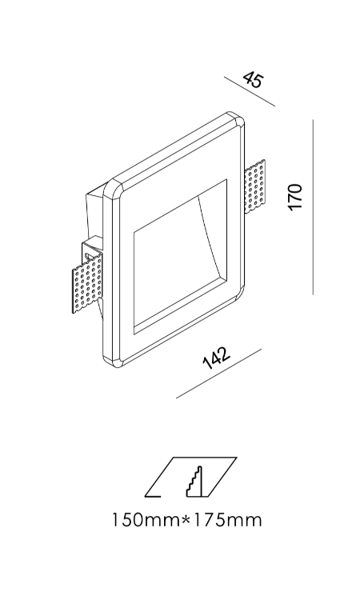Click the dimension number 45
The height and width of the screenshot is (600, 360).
[x=254, y=79]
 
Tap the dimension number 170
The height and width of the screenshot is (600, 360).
[x=296, y=197]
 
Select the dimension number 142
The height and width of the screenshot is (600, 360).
[x=216, y=358]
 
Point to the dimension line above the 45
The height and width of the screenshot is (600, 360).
[x=250, y=91]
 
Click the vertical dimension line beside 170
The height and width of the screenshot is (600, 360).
[x=313, y=207]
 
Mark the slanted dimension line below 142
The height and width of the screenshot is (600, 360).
[x=219, y=374]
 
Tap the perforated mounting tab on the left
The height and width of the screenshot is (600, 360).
[x=88, y=283]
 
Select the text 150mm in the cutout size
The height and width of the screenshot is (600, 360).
[x=146, y=521]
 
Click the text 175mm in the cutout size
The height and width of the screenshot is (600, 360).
[x=227, y=521]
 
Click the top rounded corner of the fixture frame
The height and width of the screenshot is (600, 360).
[x=234, y=117]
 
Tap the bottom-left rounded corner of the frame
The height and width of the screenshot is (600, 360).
[x=112, y=359]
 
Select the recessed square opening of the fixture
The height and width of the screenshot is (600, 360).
[x=180, y=255]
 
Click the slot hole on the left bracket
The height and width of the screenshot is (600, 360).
[x=89, y=255]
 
